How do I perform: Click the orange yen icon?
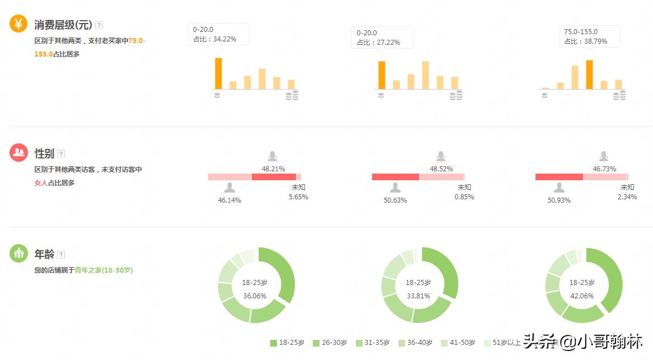[18, 24]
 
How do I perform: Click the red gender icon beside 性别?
[18, 152]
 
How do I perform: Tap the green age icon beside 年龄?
[18, 253]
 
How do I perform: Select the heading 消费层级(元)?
[63, 25]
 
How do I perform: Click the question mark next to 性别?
[61, 154]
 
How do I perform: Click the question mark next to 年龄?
[61, 254]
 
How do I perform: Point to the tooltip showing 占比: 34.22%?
[218, 34]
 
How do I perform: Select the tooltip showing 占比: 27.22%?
[382, 38]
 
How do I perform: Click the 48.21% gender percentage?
[274, 169]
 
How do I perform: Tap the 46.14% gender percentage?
[229, 200]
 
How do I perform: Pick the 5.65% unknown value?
[298, 197]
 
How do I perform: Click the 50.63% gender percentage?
[395, 200]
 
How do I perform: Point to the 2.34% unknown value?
[627, 197]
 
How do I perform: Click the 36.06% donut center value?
[255, 296]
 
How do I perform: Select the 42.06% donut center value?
[582, 296]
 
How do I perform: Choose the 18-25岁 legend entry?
[287, 343]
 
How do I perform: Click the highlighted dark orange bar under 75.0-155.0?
[589, 74]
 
